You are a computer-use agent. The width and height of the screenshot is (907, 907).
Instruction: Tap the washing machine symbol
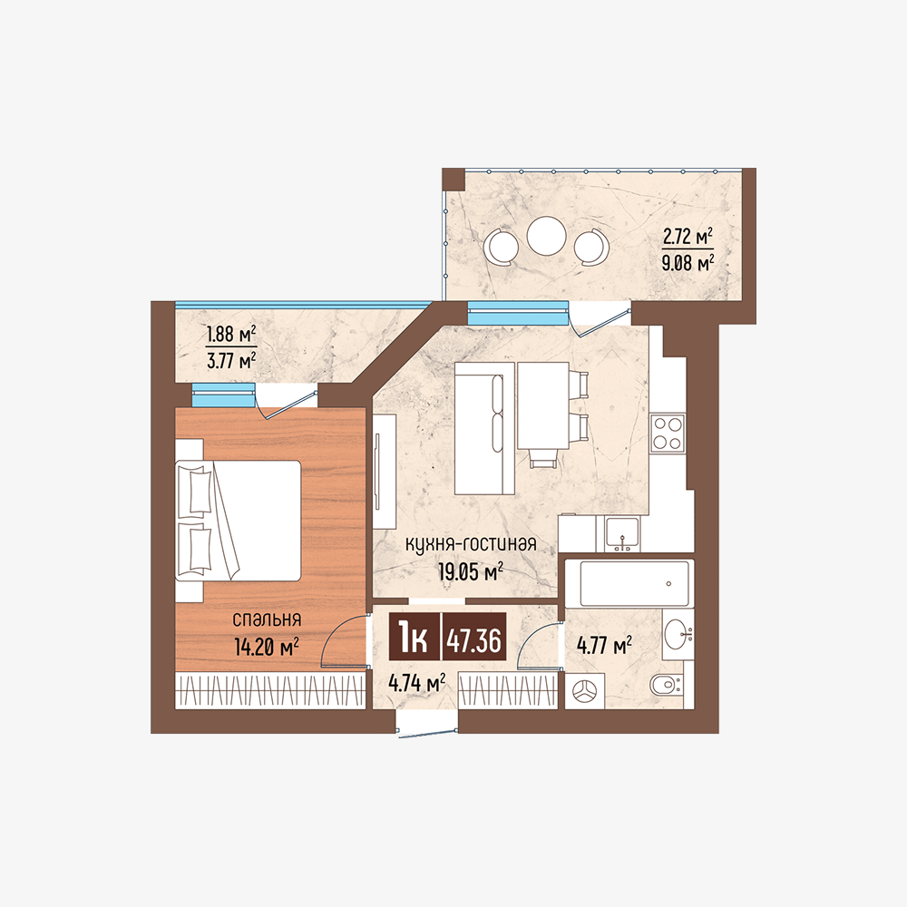point(584,690)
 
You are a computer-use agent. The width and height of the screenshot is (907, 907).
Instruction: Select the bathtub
point(634,583)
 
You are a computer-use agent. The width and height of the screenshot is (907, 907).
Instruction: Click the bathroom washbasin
point(678,635)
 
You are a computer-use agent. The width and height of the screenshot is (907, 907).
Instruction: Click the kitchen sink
point(622,532)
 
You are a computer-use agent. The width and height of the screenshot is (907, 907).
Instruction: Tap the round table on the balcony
point(547,236)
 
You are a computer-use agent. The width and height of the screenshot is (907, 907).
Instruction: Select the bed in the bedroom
point(239,520)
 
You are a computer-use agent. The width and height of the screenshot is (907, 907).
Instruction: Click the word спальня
point(267,619)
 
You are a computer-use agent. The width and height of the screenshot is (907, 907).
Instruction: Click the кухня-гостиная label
point(471,544)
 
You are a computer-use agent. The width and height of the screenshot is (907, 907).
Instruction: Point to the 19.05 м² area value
point(471,572)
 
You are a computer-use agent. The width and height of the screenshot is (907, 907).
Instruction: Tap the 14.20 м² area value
point(267,647)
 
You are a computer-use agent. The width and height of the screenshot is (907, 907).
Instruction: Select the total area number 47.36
point(473,639)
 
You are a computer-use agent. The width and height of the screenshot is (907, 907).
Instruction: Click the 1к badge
point(413,639)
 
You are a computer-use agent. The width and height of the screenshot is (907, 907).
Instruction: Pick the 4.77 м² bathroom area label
point(604,645)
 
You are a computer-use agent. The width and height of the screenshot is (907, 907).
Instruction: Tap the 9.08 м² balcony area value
point(688,263)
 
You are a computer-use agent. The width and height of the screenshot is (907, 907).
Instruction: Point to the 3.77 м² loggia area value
point(230,361)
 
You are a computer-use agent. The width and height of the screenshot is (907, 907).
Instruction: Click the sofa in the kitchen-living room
point(484,428)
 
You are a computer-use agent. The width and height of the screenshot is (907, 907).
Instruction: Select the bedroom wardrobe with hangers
point(270,690)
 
